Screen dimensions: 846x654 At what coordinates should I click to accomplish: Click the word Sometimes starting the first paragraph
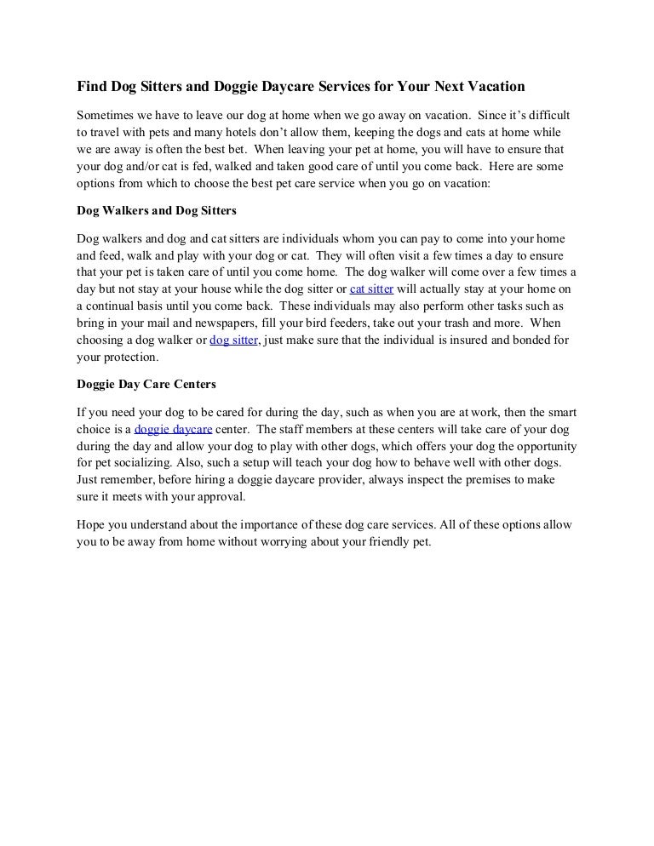coord(108,114)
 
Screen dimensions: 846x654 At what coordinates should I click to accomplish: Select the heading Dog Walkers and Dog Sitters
coord(157,209)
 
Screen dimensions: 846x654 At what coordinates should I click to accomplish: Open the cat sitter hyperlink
coord(371,289)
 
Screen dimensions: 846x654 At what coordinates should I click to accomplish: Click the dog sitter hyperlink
coord(233,341)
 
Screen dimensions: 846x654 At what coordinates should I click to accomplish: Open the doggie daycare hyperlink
coord(174,430)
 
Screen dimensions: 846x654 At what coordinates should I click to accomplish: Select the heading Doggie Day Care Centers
coord(146,384)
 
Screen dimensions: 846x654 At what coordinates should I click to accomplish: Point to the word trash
coord(501,323)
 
